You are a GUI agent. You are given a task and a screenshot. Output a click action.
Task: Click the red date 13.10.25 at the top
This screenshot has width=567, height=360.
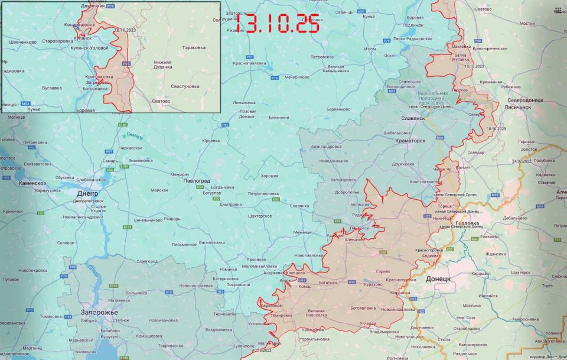[278, 23]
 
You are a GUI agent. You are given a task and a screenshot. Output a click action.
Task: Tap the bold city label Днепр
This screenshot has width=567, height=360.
[87, 193]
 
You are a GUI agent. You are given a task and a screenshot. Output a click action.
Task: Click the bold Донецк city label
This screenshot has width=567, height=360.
[438, 278]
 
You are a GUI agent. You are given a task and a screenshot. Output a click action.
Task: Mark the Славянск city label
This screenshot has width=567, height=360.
[412, 118]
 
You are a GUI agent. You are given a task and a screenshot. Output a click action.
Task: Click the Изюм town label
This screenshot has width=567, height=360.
[370, 48]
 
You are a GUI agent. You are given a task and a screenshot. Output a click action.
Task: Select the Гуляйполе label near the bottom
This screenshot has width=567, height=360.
[244, 345]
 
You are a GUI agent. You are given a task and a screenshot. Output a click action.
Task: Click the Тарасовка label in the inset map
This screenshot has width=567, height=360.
[194, 47]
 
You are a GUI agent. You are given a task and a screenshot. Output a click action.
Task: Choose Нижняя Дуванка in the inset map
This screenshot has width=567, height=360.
[162, 65]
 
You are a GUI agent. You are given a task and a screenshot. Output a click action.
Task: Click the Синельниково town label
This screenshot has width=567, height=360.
[148, 220]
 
